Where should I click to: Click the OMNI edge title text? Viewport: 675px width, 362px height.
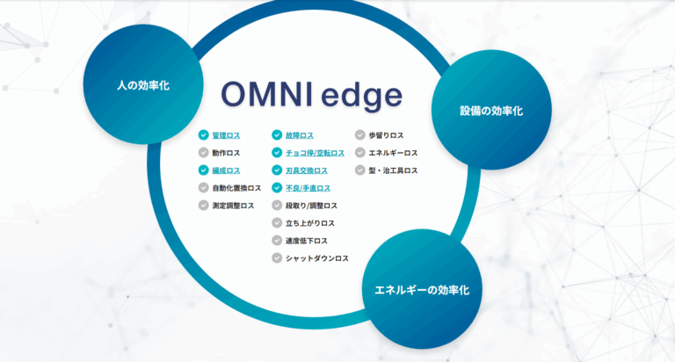point(312,96)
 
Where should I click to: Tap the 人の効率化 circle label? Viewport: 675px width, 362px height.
point(143,85)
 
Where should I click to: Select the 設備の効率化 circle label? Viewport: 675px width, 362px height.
point(491,111)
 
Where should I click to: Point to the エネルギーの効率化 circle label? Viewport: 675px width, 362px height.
point(422,290)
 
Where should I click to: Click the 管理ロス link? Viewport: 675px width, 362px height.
point(226,135)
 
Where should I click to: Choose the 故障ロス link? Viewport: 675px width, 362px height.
point(299,135)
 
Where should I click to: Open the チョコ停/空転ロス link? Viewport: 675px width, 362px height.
point(315,153)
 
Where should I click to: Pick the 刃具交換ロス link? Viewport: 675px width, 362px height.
point(307,170)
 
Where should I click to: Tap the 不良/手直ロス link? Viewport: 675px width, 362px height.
point(308,189)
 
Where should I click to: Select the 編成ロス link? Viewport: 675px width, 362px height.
point(226,170)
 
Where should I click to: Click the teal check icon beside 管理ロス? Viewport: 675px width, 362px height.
point(204,135)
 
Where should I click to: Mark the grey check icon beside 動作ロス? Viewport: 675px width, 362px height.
point(204,153)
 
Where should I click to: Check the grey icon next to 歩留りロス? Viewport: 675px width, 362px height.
point(359,135)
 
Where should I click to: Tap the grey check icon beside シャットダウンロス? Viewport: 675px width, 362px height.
point(277,258)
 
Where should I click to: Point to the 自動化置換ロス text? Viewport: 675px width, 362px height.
point(236,189)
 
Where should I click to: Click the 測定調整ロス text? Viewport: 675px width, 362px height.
point(233,206)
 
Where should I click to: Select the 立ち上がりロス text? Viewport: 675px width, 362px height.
point(310,223)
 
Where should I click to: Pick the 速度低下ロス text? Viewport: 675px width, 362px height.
point(307,241)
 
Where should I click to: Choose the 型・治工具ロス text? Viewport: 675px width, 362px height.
point(393,170)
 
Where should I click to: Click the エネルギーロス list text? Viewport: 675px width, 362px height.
point(393,153)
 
